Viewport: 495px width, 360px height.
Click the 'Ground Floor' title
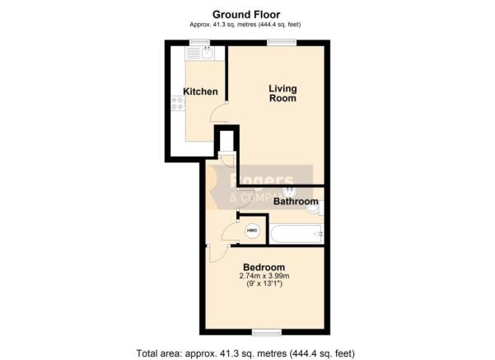(245, 14)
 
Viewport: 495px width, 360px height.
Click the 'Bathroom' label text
(296, 201)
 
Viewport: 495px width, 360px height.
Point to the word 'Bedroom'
(263, 268)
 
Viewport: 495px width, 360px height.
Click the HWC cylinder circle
(252, 231)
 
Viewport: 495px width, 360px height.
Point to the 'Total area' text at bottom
(245, 353)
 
